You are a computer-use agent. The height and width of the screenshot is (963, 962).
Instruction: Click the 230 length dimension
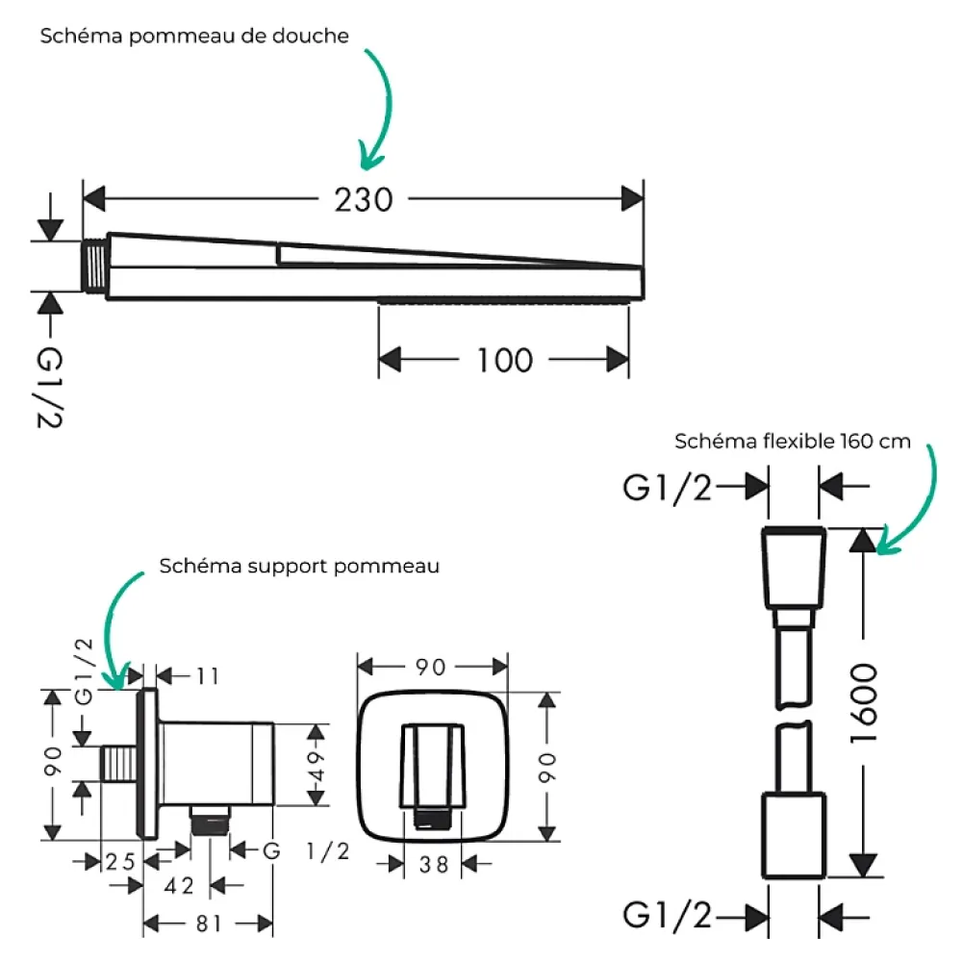[364, 199]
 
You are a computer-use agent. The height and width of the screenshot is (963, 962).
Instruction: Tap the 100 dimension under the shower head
[504, 360]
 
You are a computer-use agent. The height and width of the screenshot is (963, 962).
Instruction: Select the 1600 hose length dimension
[864, 703]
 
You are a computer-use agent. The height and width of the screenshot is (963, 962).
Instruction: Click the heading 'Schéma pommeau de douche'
[194, 36]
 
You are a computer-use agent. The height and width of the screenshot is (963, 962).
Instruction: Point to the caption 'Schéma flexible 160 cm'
[792, 441]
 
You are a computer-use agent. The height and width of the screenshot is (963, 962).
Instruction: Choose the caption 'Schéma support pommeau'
[299, 566]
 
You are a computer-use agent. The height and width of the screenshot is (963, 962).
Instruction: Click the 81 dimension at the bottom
[209, 924]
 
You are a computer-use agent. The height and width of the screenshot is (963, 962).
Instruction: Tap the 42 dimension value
[179, 886]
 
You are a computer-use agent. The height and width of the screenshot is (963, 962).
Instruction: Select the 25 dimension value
[120, 862]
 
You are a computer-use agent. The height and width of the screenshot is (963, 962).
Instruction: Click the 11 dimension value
[208, 676]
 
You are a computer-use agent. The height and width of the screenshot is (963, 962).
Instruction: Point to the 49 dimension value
[316, 765]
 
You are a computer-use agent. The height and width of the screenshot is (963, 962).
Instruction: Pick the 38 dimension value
[434, 865]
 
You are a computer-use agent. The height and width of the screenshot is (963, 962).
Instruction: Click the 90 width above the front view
[430, 667]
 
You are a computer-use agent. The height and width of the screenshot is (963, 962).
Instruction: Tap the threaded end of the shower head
[94, 266]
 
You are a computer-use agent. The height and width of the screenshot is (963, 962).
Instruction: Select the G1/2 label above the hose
[667, 489]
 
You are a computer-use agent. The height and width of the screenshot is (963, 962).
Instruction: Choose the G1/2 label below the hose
[667, 915]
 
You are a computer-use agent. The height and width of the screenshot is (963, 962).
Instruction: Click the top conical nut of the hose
[794, 568]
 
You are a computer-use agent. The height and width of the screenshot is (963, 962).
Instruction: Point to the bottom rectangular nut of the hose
[794, 835]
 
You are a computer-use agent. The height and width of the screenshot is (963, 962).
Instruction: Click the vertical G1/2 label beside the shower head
[49, 387]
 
